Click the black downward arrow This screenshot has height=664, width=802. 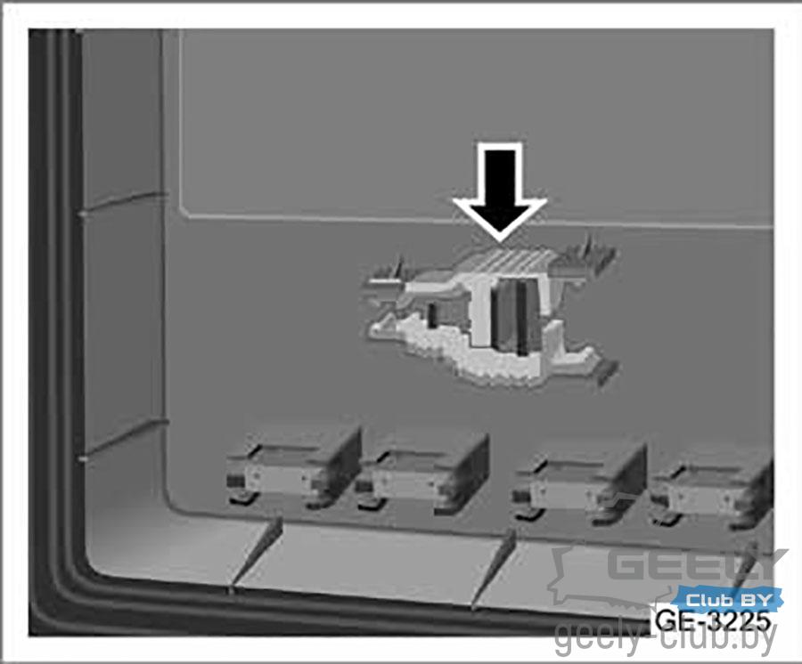coord(500,191)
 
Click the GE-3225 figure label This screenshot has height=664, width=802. coord(713,620)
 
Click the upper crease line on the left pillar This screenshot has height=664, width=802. coord(123,203)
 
